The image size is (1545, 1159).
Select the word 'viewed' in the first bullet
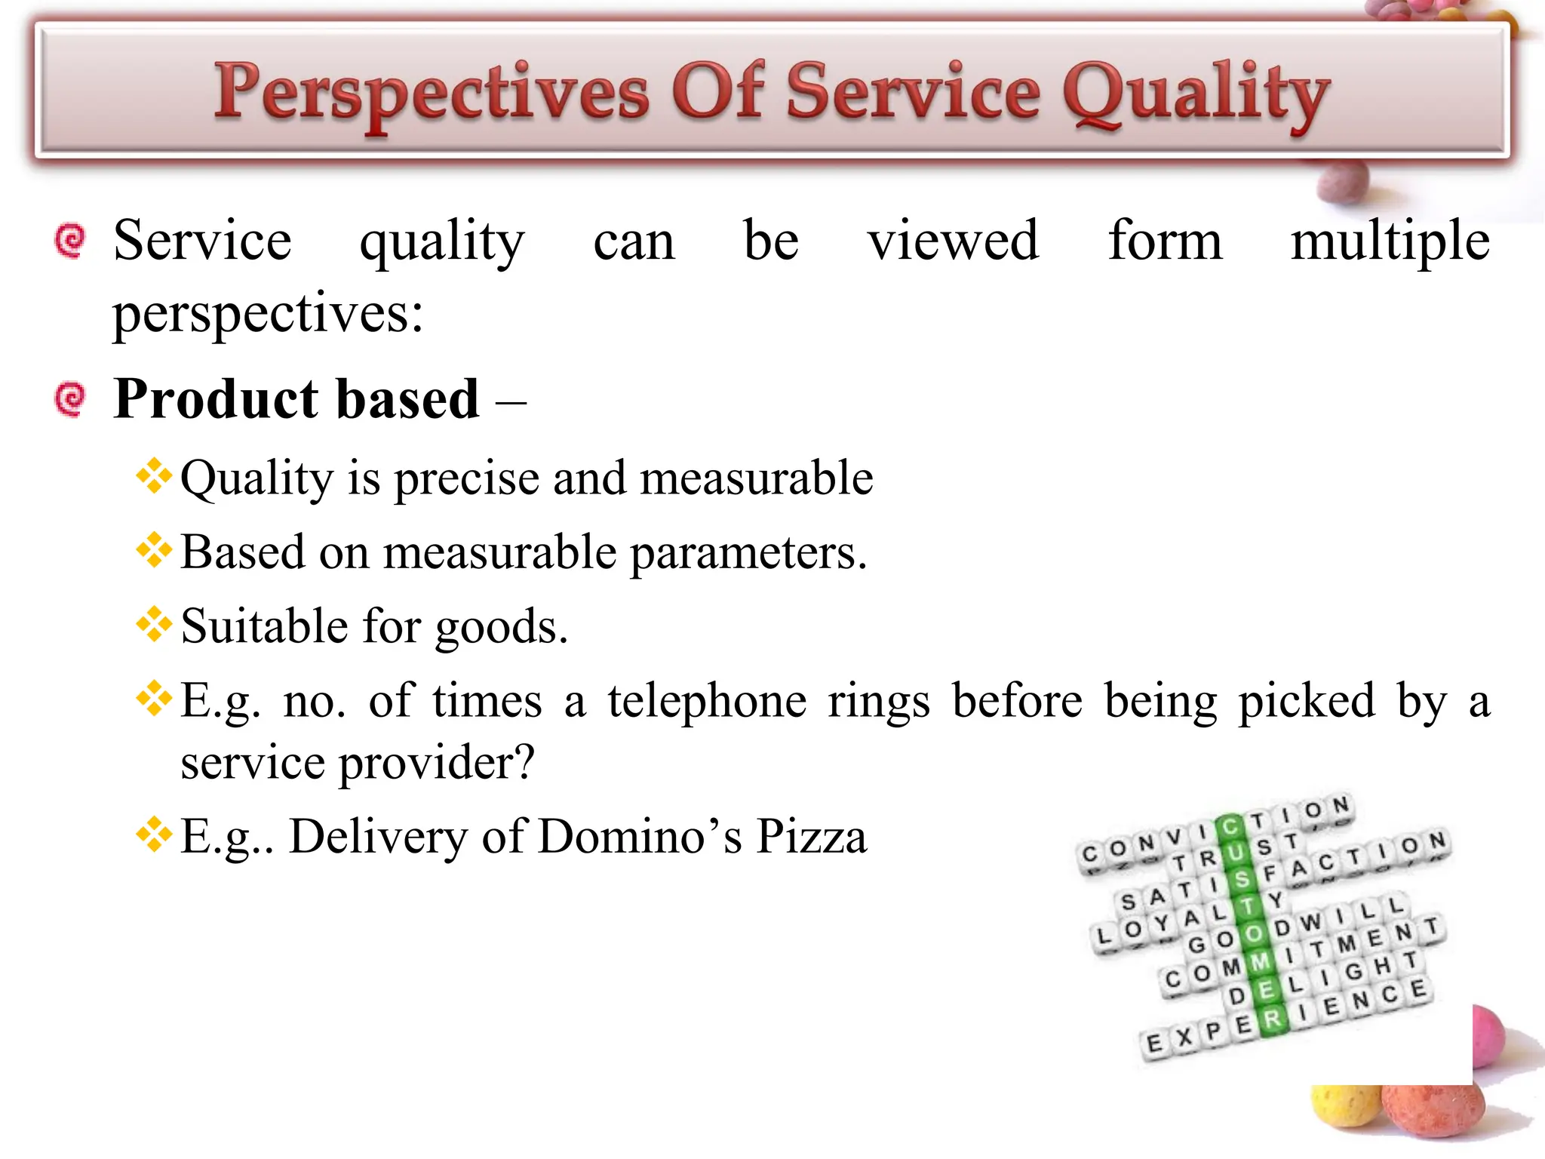953,241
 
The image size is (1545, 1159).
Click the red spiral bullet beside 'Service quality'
71,241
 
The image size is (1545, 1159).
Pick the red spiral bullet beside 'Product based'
71,399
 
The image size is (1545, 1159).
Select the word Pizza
812,837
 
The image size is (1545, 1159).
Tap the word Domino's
640,837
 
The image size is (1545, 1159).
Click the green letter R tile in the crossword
1272,1019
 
